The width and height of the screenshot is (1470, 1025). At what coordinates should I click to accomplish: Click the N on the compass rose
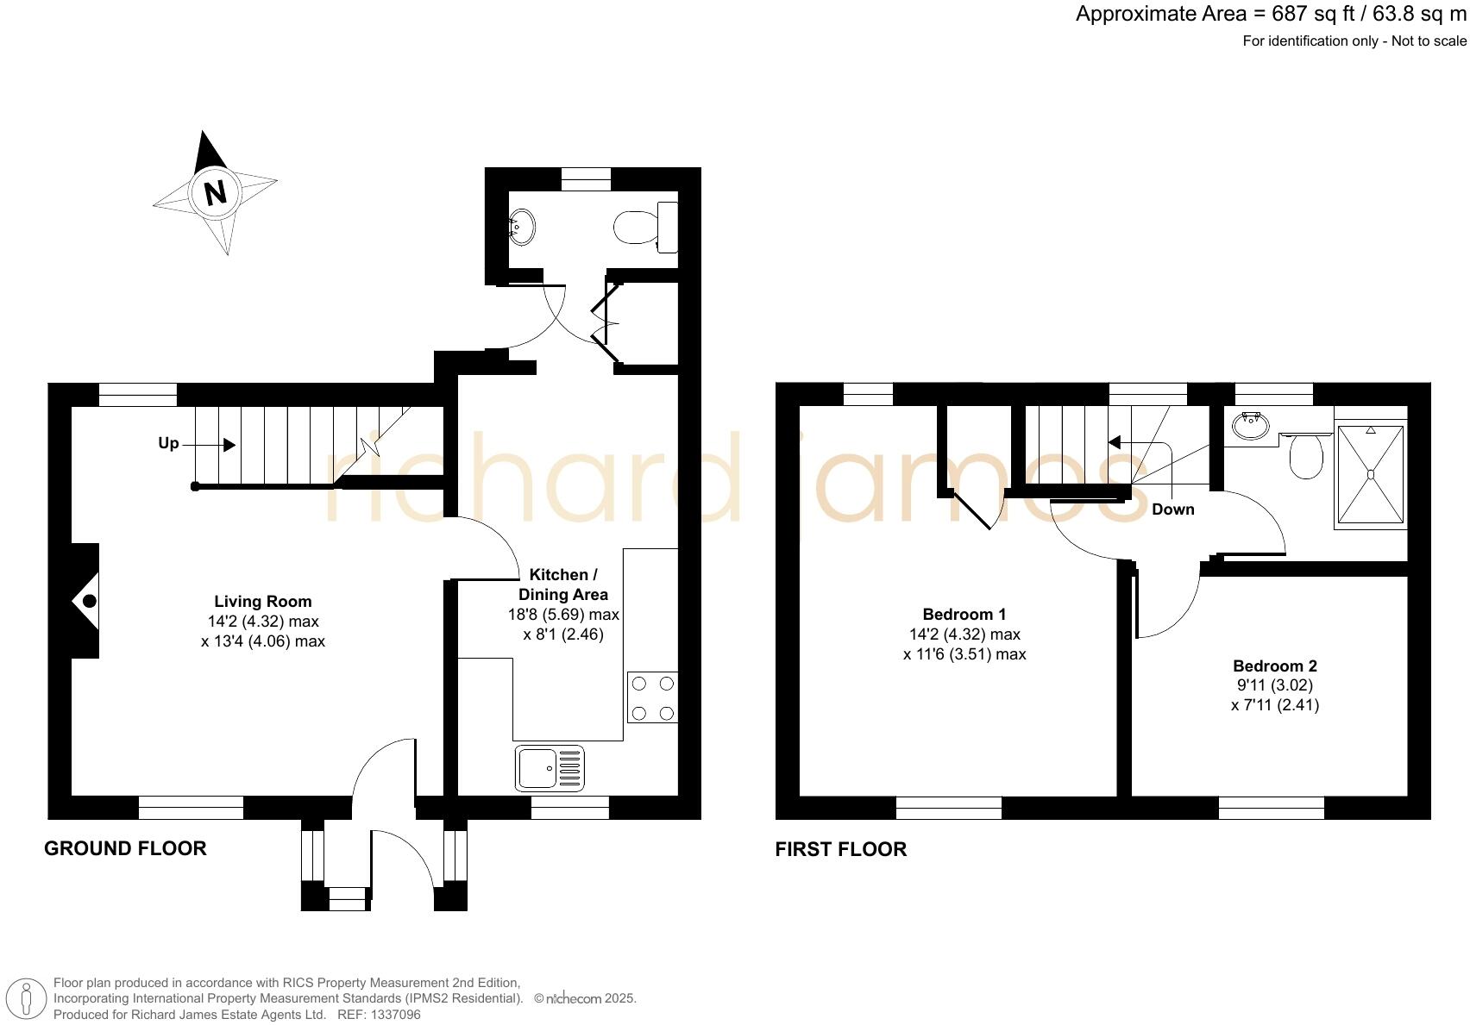pyautogui.click(x=215, y=191)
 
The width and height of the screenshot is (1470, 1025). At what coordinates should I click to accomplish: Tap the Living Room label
pyautogui.click(x=263, y=602)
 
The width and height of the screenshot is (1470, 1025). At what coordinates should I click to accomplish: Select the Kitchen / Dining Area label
pyautogui.click(x=563, y=584)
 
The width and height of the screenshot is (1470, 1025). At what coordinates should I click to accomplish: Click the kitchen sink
pyautogui.click(x=550, y=768)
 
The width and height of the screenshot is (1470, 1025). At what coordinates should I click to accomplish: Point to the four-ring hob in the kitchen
pyautogui.click(x=652, y=698)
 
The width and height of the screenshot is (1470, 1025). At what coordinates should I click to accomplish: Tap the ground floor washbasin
pyautogui.click(x=521, y=228)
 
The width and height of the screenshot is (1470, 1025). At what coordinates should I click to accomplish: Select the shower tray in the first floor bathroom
pyautogui.click(x=1370, y=474)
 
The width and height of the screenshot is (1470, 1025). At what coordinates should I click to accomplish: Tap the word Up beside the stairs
pyautogui.click(x=168, y=443)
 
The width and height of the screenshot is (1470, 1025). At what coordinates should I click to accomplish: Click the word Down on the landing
pyautogui.click(x=1172, y=509)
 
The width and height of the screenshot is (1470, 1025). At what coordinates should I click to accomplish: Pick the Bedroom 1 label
pyautogui.click(x=964, y=615)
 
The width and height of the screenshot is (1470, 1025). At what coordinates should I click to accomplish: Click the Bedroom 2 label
pyautogui.click(x=1274, y=666)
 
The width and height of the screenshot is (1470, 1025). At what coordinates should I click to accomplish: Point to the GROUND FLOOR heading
pyautogui.click(x=125, y=848)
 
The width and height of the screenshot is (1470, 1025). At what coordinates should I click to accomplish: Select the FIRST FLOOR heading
pyautogui.click(x=840, y=849)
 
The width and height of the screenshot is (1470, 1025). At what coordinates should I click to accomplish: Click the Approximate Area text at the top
pyautogui.click(x=1270, y=15)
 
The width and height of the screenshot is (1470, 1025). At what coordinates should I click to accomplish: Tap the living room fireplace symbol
pyautogui.click(x=86, y=601)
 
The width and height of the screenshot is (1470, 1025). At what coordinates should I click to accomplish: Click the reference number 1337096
pyautogui.click(x=394, y=1015)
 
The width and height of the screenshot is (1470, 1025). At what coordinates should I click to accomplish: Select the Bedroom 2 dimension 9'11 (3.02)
pyautogui.click(x=1274, y=685)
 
